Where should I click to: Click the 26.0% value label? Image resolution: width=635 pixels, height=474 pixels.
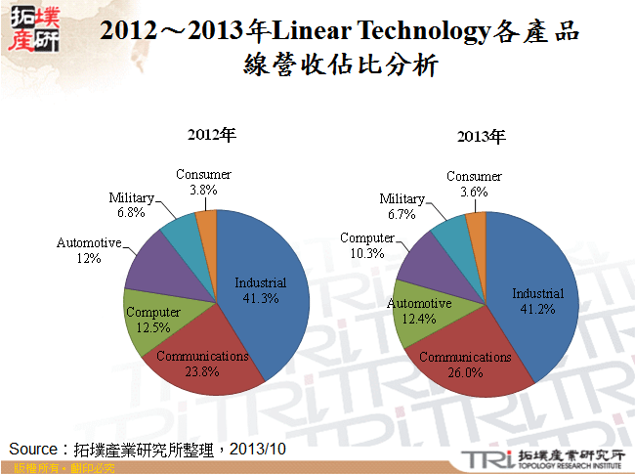(x=465, y=372)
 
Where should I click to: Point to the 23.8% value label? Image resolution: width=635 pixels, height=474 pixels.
(x=203, y=371)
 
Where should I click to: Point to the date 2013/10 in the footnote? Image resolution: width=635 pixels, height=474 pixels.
(x=261, y=448)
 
